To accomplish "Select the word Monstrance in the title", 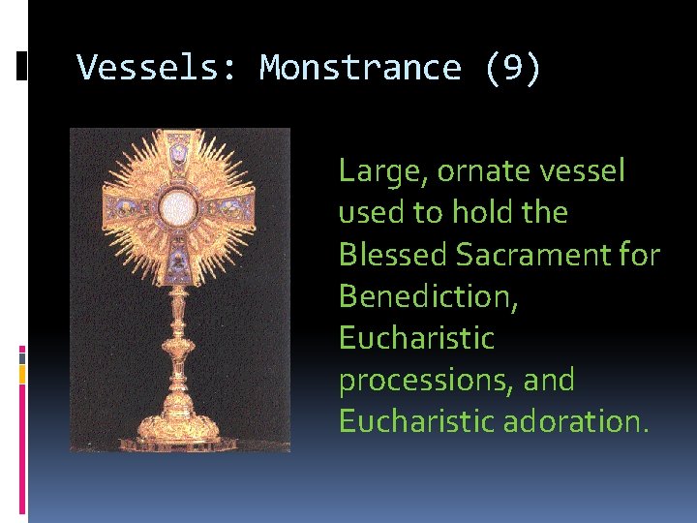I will [x=360, y=68].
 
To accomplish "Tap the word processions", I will [x=414, y=380].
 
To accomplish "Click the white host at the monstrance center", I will [x=178, y=206].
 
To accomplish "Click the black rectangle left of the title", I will [x=21, y=66].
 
